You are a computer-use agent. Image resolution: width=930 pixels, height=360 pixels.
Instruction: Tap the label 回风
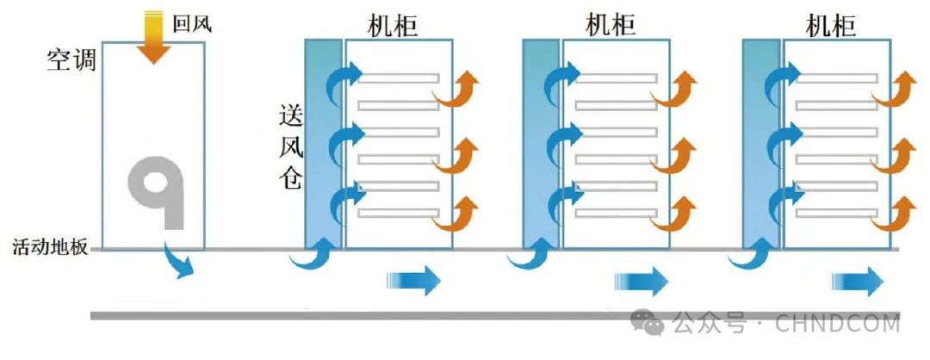tap(190, 24)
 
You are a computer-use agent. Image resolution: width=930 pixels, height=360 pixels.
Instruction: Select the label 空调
tap(71, 61)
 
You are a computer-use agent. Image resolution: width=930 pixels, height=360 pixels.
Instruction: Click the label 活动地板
tap(50, 248)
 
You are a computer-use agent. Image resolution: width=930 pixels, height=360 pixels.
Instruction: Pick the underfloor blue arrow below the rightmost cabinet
tap(858, 281)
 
